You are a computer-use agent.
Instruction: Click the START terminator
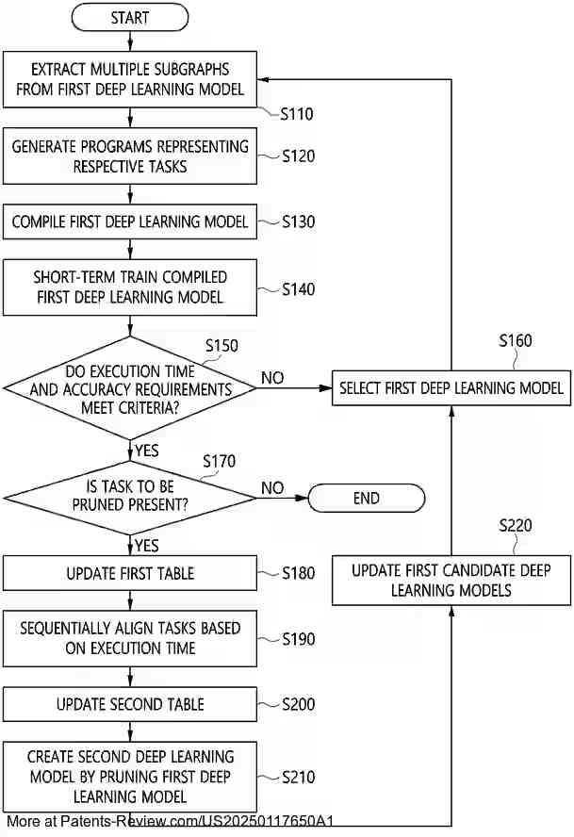(130, 18)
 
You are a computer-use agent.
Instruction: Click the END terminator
(366, 498)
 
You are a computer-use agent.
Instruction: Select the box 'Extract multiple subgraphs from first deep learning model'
(130, 79)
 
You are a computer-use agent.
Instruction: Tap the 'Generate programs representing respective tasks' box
(130, 156)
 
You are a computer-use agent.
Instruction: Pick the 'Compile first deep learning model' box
(130, 222)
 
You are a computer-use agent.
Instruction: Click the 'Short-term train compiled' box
(130, 287)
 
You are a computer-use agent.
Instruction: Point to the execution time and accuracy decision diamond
(130, 387)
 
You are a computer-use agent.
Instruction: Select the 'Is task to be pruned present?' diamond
(130, 497)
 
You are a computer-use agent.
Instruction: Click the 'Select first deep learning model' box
(451, 387)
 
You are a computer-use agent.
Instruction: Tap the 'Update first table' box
(130, 573)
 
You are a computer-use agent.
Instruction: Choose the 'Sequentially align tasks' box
(130, 638)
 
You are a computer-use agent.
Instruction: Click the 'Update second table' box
(130, 704)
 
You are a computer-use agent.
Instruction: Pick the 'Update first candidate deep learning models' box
(451, 581)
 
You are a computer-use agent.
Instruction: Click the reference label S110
(298, 114)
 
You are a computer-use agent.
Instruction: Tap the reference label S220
(515, 525)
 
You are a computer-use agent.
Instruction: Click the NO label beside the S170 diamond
(272, 487)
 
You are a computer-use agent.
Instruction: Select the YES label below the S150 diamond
(147, 451)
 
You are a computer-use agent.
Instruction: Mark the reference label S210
(299, 778)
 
